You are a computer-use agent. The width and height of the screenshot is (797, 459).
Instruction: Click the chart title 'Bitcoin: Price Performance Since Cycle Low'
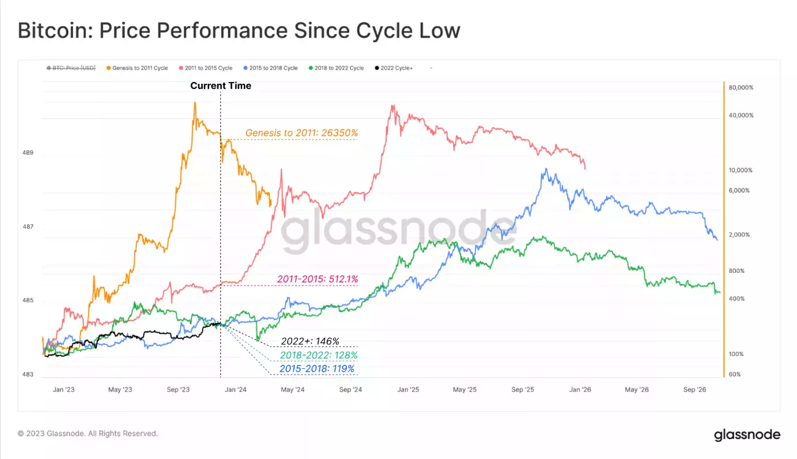[x=239, y=31]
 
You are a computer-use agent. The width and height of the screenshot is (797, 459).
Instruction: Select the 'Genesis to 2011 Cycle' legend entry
[x=138, y=68]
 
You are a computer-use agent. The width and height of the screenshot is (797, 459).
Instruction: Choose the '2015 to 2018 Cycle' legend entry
[x=271, y=68]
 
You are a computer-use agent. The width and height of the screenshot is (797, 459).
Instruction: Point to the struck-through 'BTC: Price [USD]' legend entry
[x=71, y=68]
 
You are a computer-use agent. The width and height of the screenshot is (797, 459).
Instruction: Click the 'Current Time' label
[x=221, y=86]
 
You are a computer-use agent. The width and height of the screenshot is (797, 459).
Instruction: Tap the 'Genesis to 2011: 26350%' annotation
[x=301, y=133]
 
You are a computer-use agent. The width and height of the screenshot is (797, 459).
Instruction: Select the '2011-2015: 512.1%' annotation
[x=317, y=279]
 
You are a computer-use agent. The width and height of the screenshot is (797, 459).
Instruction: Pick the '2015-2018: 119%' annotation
[x=317, y=369]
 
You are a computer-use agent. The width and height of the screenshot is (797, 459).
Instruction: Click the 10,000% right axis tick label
[x=741, y=171]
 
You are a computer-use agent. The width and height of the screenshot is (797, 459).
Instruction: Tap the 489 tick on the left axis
[x=28, y=153]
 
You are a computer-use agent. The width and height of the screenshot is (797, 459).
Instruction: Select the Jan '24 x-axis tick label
[x=235, y=390]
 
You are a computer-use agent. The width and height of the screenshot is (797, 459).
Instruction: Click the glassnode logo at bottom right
[x=747, y=435]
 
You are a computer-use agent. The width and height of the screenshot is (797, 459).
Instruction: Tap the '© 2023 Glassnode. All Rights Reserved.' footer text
[x=88, y=434]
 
